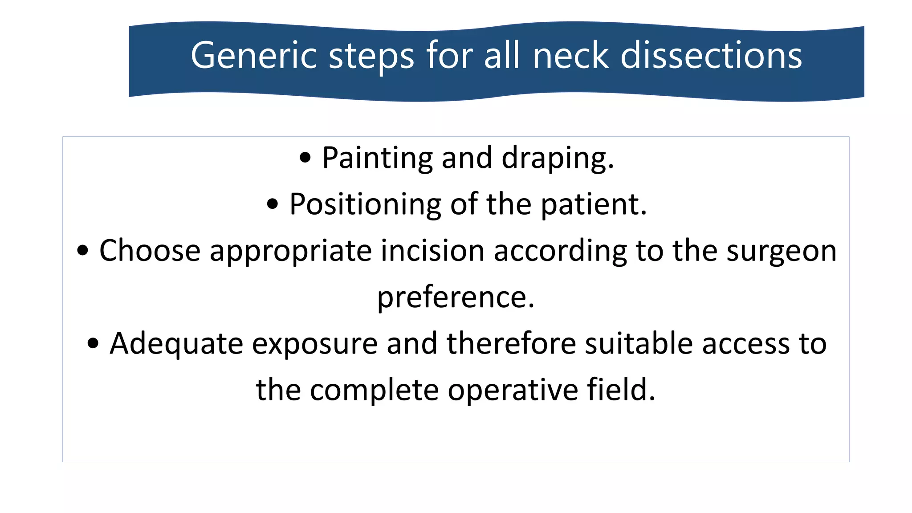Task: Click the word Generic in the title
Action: pos(253,56)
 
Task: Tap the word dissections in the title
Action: pos(711,56)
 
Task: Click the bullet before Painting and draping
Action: pos(305,158)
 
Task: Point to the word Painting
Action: pos(377,159)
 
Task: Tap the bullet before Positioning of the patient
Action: pos(272,204)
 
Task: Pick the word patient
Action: pos(593,205)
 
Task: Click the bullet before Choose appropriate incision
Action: pos(82,251)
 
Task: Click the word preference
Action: pos(456,297)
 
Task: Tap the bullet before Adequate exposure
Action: pos(93,343)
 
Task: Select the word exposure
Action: pos(314,344)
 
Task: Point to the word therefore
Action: pos(511,344)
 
